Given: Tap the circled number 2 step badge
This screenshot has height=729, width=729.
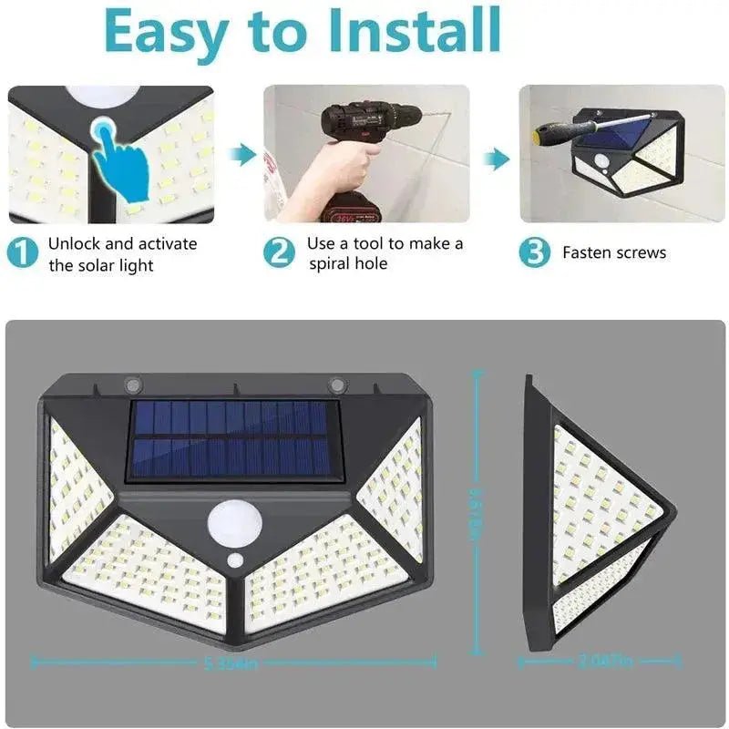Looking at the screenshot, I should click(x=279, y=252).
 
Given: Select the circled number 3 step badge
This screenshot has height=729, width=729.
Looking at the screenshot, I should click(x=534, y=252).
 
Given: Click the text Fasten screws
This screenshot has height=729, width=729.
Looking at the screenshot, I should click(x=614, y=253).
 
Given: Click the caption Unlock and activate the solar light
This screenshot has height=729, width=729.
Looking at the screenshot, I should click(x=122, y=254).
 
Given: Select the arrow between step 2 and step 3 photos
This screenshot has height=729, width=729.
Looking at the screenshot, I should click(x=496, y=160).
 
